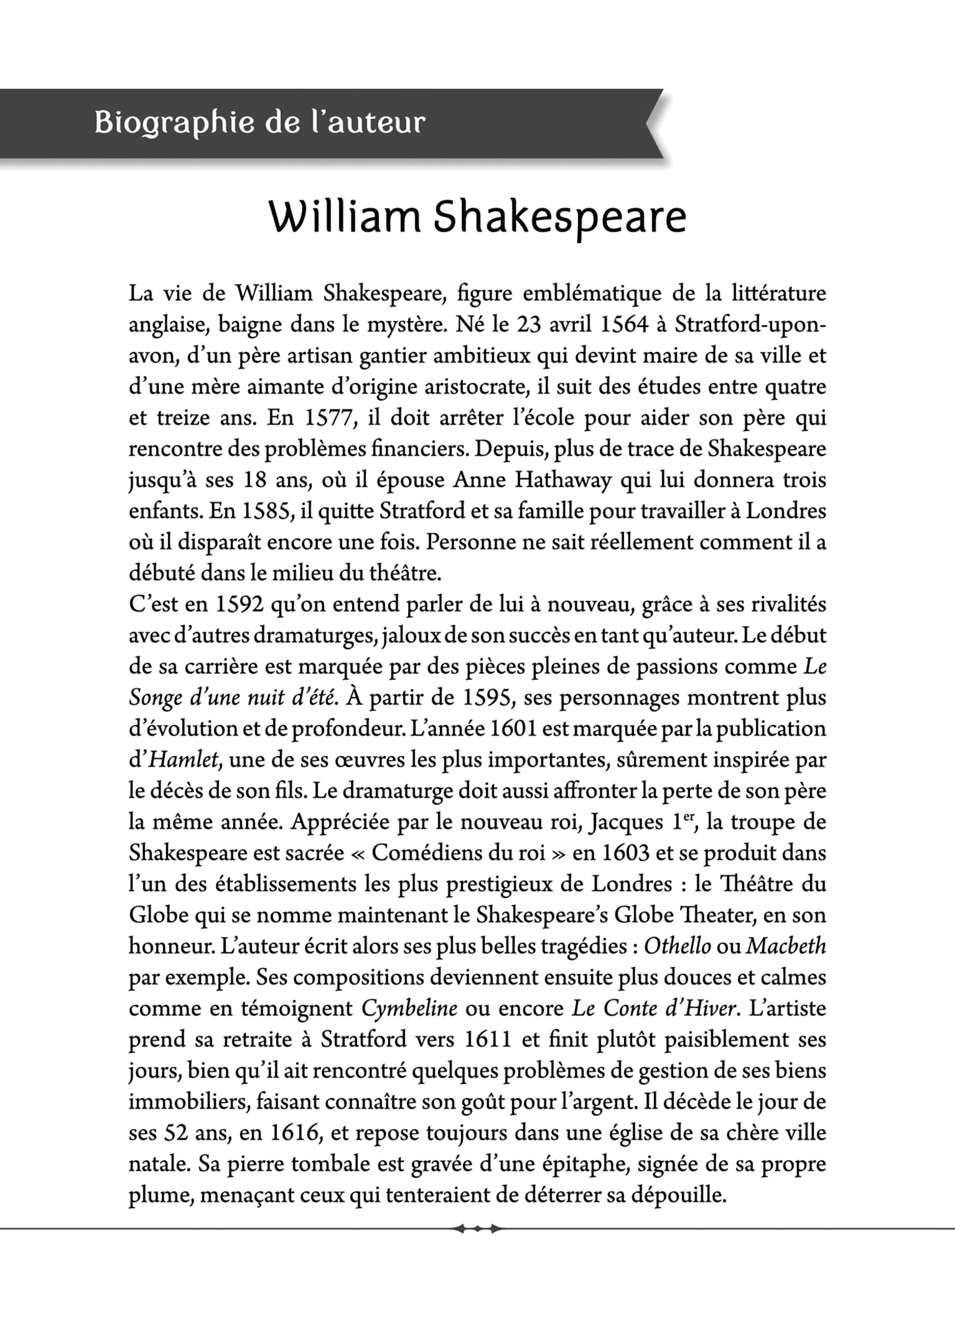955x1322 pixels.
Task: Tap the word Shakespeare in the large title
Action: point(560,218)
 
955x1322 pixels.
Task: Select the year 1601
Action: point(513,729)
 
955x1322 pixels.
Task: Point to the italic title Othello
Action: point(677,946)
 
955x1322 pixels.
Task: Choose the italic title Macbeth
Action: point(786,946)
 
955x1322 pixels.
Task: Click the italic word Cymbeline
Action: point(409,1008)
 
